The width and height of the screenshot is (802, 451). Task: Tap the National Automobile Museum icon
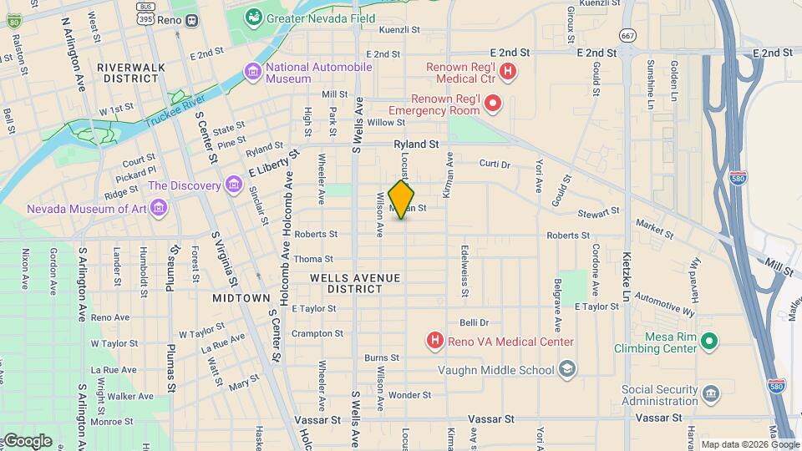(x=252, y=73)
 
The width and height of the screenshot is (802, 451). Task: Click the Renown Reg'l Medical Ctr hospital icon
(x=507, y=73)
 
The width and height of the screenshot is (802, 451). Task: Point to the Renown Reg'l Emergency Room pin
(x=493, y=104)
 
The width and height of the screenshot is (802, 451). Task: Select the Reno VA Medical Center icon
(x=434, y=341)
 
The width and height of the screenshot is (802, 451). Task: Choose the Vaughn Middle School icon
(x=567, y=369)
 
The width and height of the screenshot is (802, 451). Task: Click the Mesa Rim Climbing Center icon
(x=709, y=341)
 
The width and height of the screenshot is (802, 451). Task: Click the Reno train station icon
(x=192, y=19)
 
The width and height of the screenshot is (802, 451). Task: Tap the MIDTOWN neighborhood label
(x=241, y=298)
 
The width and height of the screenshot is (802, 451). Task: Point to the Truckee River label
(x=176, y=111)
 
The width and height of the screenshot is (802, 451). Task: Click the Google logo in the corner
(x=27, y=440)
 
